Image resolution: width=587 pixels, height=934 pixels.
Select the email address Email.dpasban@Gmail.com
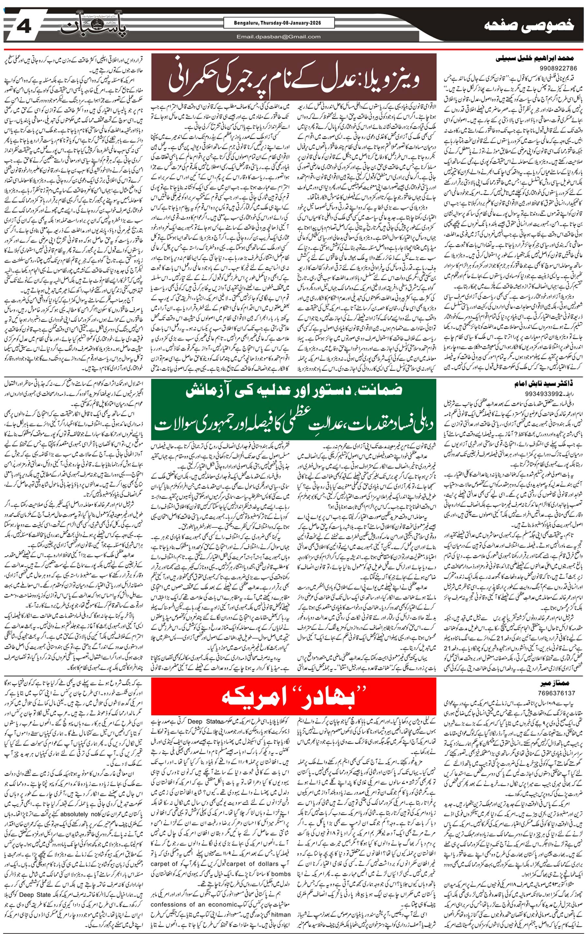pyautogui.click(x=278, y=37)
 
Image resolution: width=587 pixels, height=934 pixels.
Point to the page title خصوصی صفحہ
pyautogui.click(x=529, y=26)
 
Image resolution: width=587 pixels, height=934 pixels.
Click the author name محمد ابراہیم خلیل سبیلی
pyautogui.click(x=536, y=59)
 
